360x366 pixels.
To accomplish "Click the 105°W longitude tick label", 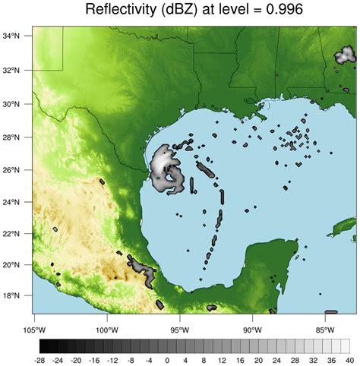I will (34, 329).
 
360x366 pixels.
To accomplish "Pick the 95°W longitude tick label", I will (179, 329).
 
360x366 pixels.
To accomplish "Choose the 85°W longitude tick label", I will (324, 329).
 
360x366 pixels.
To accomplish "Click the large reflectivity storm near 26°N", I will (166, 171).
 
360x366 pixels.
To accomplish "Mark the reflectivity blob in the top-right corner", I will (345, 55).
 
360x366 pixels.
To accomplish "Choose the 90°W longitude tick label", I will (251, 329).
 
